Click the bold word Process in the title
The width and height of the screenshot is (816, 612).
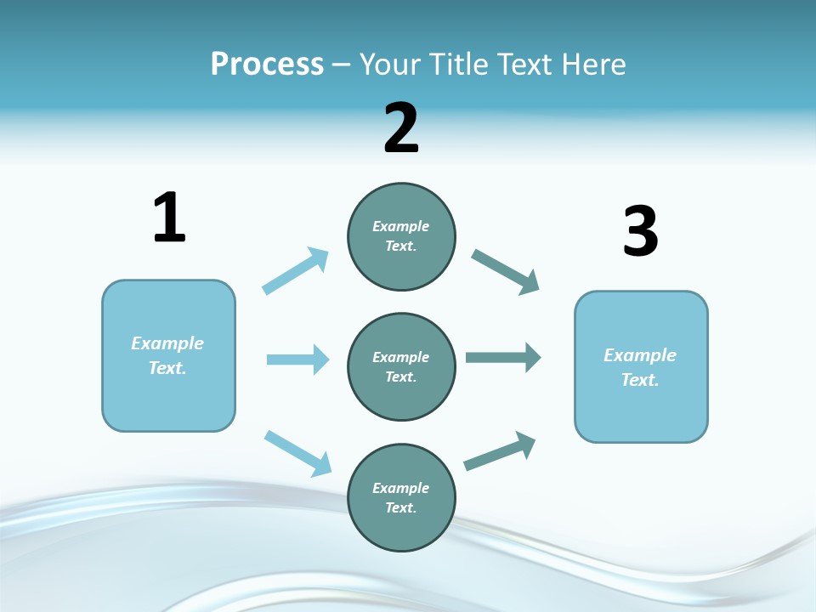[267, 65]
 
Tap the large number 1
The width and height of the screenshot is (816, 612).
[169, 218]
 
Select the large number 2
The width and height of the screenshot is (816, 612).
[401, 128]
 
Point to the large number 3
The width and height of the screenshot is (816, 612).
[640, 232]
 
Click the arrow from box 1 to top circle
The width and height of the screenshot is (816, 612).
[296, 271]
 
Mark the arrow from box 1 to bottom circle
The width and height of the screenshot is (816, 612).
[298, 453]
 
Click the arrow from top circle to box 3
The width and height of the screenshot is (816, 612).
[506, 272]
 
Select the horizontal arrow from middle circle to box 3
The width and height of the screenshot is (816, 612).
[503, 358]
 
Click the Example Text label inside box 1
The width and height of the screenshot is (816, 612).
[167, 355]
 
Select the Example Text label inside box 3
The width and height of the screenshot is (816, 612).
[640, 367]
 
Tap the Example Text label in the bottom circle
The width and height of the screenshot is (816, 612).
[400, 497]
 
